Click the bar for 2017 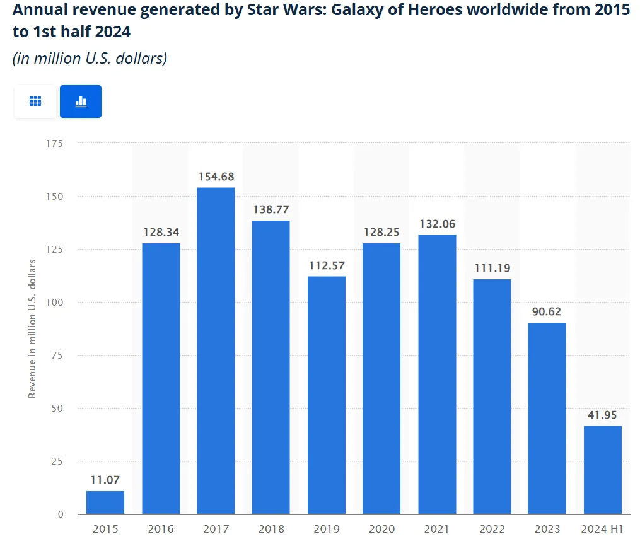[x=216, y=351]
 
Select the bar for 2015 [x=105, y=502]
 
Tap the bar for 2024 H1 [x=602, y=470]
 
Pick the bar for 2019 [x=327, y=395]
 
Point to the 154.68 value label [x=216, y=177]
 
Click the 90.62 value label [x=547, y=312]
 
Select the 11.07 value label [x=105, y=480]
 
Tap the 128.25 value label [x=381, y=233]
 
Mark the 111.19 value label [x=492, y=269]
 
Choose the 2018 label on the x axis [x=271, y=529]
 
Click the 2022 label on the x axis [x=492, y=529]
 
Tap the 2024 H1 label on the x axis [x=602, y=529]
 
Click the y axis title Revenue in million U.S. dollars [x=32, y=328]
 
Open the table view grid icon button [x=35, y=101]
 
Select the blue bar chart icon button [x=81, y=101]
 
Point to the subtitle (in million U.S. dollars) [x=90, y=59]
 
